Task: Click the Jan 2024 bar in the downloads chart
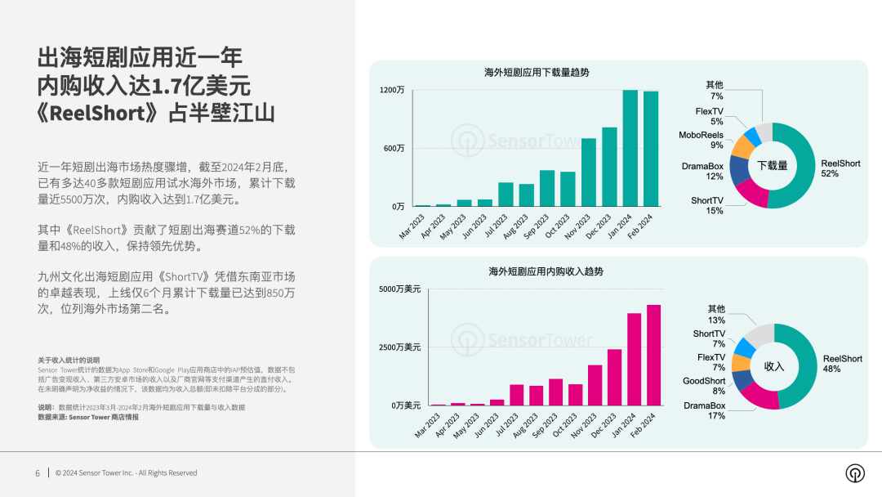coord(630,149)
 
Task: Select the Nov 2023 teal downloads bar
coord(588,172)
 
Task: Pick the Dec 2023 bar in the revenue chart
coord(614,378)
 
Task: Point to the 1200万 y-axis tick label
coord(392,90)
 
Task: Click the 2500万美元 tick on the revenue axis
coord(400,347)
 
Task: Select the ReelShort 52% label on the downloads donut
coord(840,168)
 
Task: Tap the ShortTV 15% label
coord(707,205)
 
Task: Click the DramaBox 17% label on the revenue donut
coord(704,410)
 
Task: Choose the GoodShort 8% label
coord(704,386)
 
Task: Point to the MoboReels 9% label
coord(701,140)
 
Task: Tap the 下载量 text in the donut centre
coord(772,166)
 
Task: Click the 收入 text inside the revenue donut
coord(773,366)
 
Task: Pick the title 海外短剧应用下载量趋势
coord(537,73)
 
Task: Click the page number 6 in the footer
coord(38,473)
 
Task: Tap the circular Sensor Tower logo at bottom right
coord(854,473)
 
